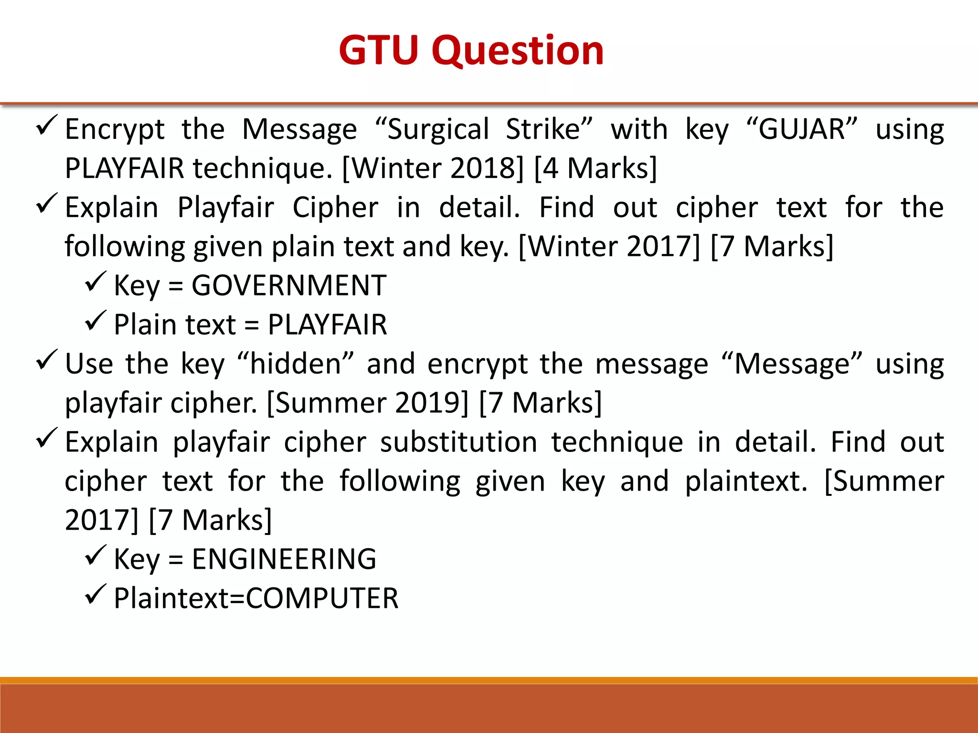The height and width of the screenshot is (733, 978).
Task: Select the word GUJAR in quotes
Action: pyautogui.click(x=802, y=129)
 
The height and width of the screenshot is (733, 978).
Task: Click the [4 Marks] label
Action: pyautogui.click(x=596, y=168)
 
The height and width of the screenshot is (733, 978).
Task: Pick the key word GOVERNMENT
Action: pyautogui.click(x=289, y=286)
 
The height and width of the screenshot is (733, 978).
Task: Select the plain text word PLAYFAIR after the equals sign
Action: pyautogui.click(x=327, y=325)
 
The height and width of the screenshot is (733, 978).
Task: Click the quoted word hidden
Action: pyautogui.click(x=296, y=364)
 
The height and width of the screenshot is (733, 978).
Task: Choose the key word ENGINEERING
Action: pyautogui.click(x=284, y=559)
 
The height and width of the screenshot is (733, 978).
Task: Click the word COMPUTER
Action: pyautogui.click(x=322, y=598)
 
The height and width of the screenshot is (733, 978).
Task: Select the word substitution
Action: pyautogui.click(x=458, y=442)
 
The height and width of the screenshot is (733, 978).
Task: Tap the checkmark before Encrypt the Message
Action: pyautogui.click(x=47, y=125)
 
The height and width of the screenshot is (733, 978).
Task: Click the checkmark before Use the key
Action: pyautogui.click(x=47, y=360)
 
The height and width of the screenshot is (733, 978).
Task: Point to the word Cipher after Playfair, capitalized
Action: pyautogui.click(x=335, y=208)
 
